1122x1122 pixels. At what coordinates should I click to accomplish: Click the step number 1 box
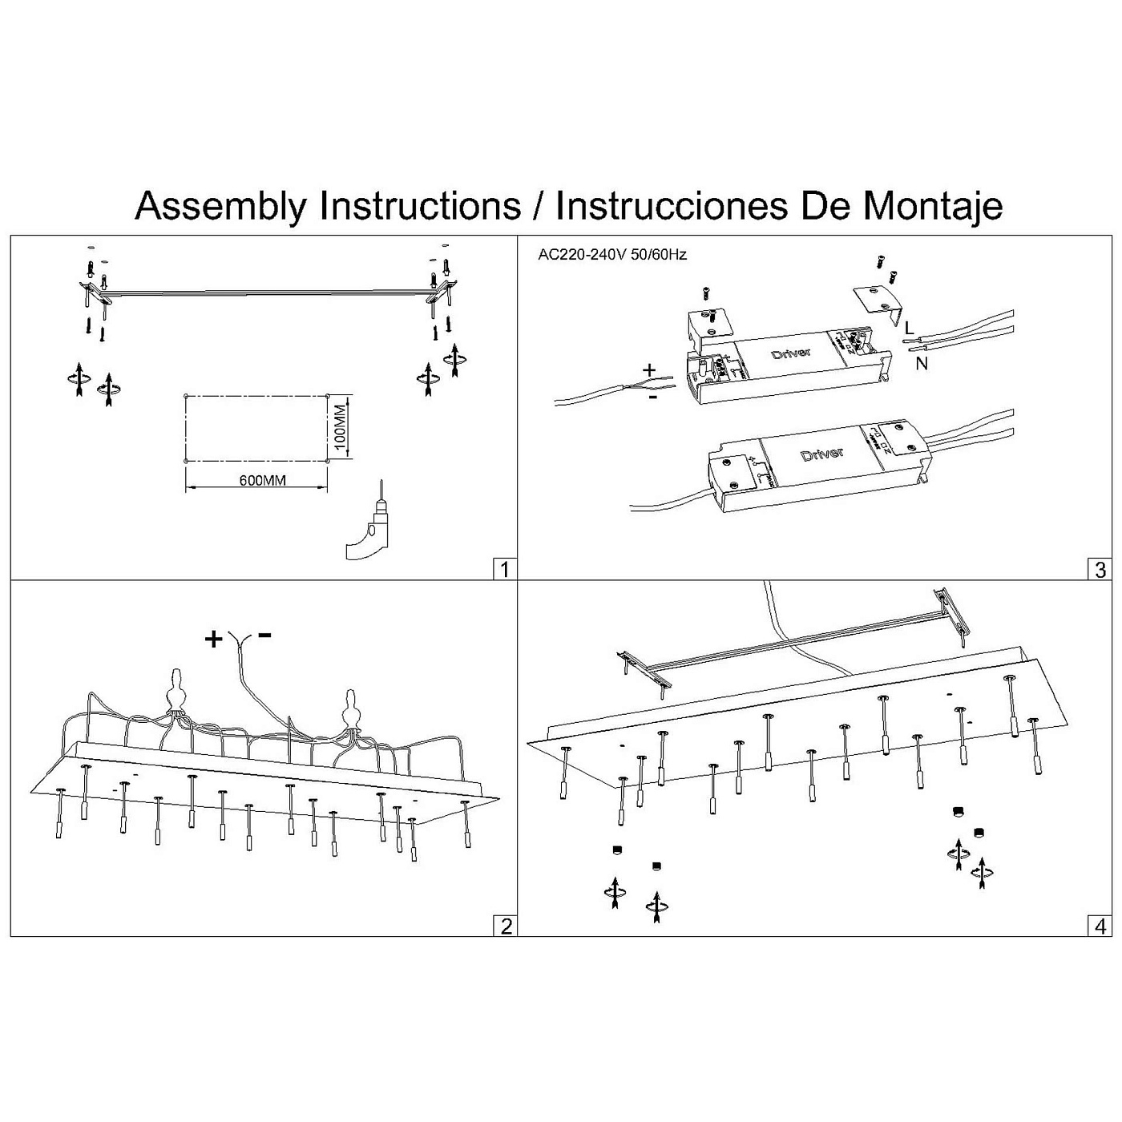click(504, 569)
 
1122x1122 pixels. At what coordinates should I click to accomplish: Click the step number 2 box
click(506, 926)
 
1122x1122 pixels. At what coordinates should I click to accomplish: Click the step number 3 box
click(1100, 569)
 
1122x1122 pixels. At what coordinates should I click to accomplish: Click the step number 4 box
click(1100, 926)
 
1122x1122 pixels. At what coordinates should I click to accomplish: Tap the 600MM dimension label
click(263, 481)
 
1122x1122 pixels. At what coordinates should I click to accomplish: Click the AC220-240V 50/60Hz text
click(612, 255)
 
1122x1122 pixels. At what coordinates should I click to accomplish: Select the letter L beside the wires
click(908, 328)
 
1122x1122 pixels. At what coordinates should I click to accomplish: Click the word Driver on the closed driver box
click(822, 454)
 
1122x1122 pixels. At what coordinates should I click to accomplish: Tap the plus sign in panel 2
click(213, 639)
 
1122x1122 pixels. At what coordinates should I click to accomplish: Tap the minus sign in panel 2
click(264, 636)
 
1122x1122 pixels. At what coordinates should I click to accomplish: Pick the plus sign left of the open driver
click(649, 370)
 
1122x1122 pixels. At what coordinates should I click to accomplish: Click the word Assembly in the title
click(221, 206)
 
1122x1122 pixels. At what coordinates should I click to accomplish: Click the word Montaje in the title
click(932, 206)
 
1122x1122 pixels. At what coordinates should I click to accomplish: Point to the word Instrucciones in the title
click(670, 206)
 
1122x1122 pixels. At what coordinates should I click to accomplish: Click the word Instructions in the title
click(420, 206)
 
